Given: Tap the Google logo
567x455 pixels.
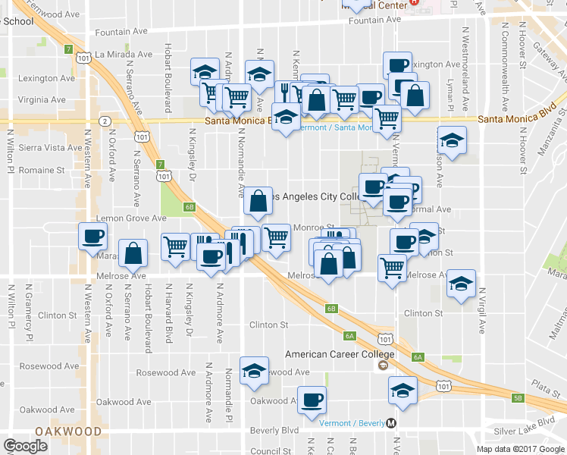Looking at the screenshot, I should coord(26,446).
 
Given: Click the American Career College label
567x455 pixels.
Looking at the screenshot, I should coord(340,354).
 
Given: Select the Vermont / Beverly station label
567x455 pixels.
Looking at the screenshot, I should coord(351,423).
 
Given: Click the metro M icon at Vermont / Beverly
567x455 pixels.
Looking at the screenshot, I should coord(392,423).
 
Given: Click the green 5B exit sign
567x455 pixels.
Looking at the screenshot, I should coord(518,397).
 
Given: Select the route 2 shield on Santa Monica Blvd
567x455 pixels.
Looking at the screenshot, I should coord(105,121).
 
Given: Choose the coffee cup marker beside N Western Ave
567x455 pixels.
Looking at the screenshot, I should coord(92,236).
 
